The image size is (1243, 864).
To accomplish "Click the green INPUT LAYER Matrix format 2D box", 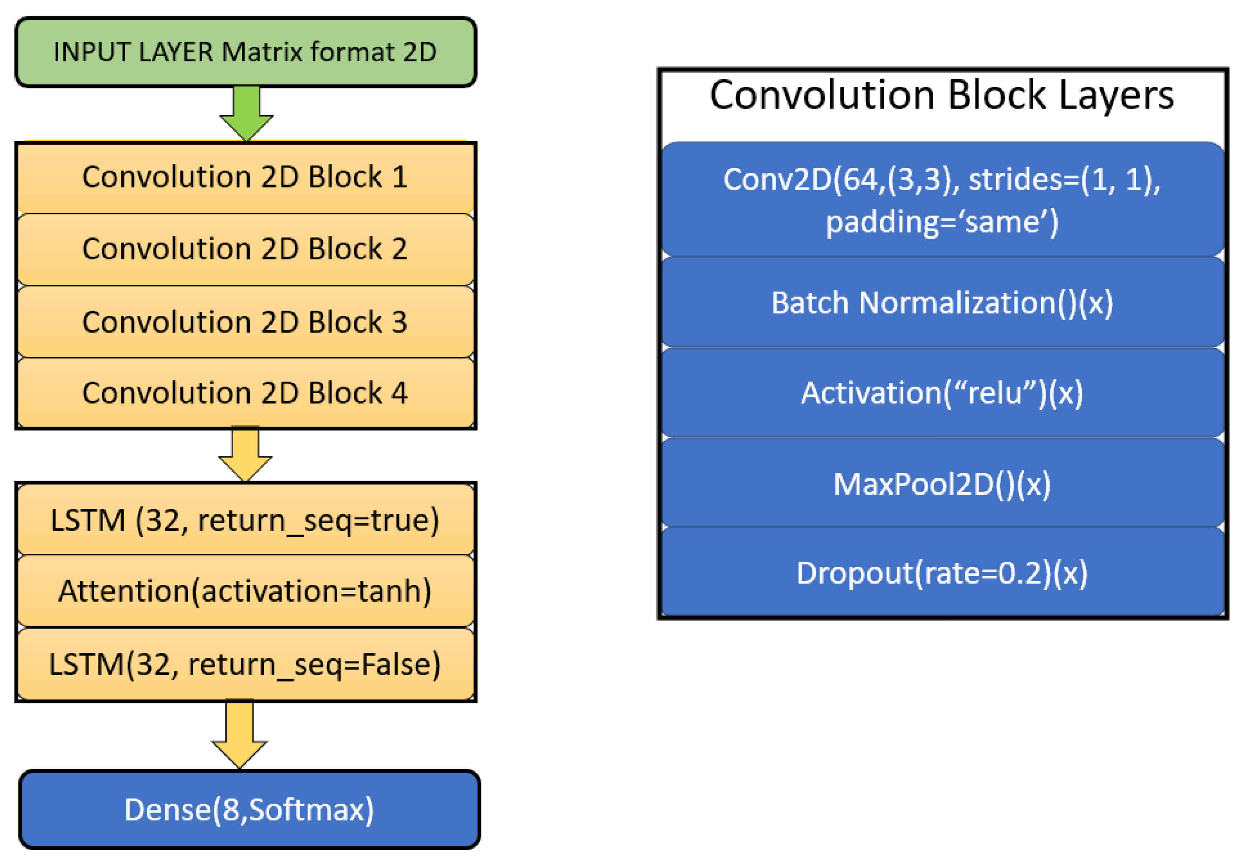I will point(245,52).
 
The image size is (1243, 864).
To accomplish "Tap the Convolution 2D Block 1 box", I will point(245,177).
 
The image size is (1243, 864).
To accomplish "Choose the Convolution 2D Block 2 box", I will point(245,249).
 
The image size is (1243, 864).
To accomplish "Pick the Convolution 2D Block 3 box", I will point(245,322).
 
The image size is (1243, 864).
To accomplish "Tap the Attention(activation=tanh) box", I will point(245,591).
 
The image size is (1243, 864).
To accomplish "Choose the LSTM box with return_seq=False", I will point(245,664).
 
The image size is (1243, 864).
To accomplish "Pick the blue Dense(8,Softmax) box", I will point(249,810).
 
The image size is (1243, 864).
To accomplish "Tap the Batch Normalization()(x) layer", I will point(942,303).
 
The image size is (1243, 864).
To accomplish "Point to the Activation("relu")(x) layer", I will point(942,393).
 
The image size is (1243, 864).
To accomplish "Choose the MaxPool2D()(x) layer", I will point(942,484).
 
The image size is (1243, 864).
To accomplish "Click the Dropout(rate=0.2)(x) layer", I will point(942,573).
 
